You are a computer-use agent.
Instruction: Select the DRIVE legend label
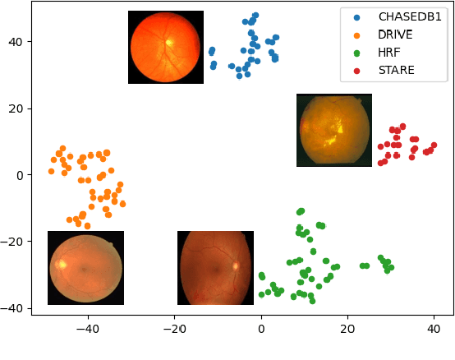click(395, 35)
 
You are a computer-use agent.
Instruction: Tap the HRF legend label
click(389, 53)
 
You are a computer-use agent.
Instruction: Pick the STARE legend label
click(396, 71)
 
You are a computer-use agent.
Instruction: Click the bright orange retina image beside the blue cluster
click(166, 47)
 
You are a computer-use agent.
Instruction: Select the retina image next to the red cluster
click(334, 130)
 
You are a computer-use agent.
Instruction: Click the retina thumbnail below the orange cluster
click(85, 268)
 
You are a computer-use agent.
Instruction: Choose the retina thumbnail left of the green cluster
click(215, 268)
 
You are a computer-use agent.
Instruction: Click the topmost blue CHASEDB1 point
click(255, 15)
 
